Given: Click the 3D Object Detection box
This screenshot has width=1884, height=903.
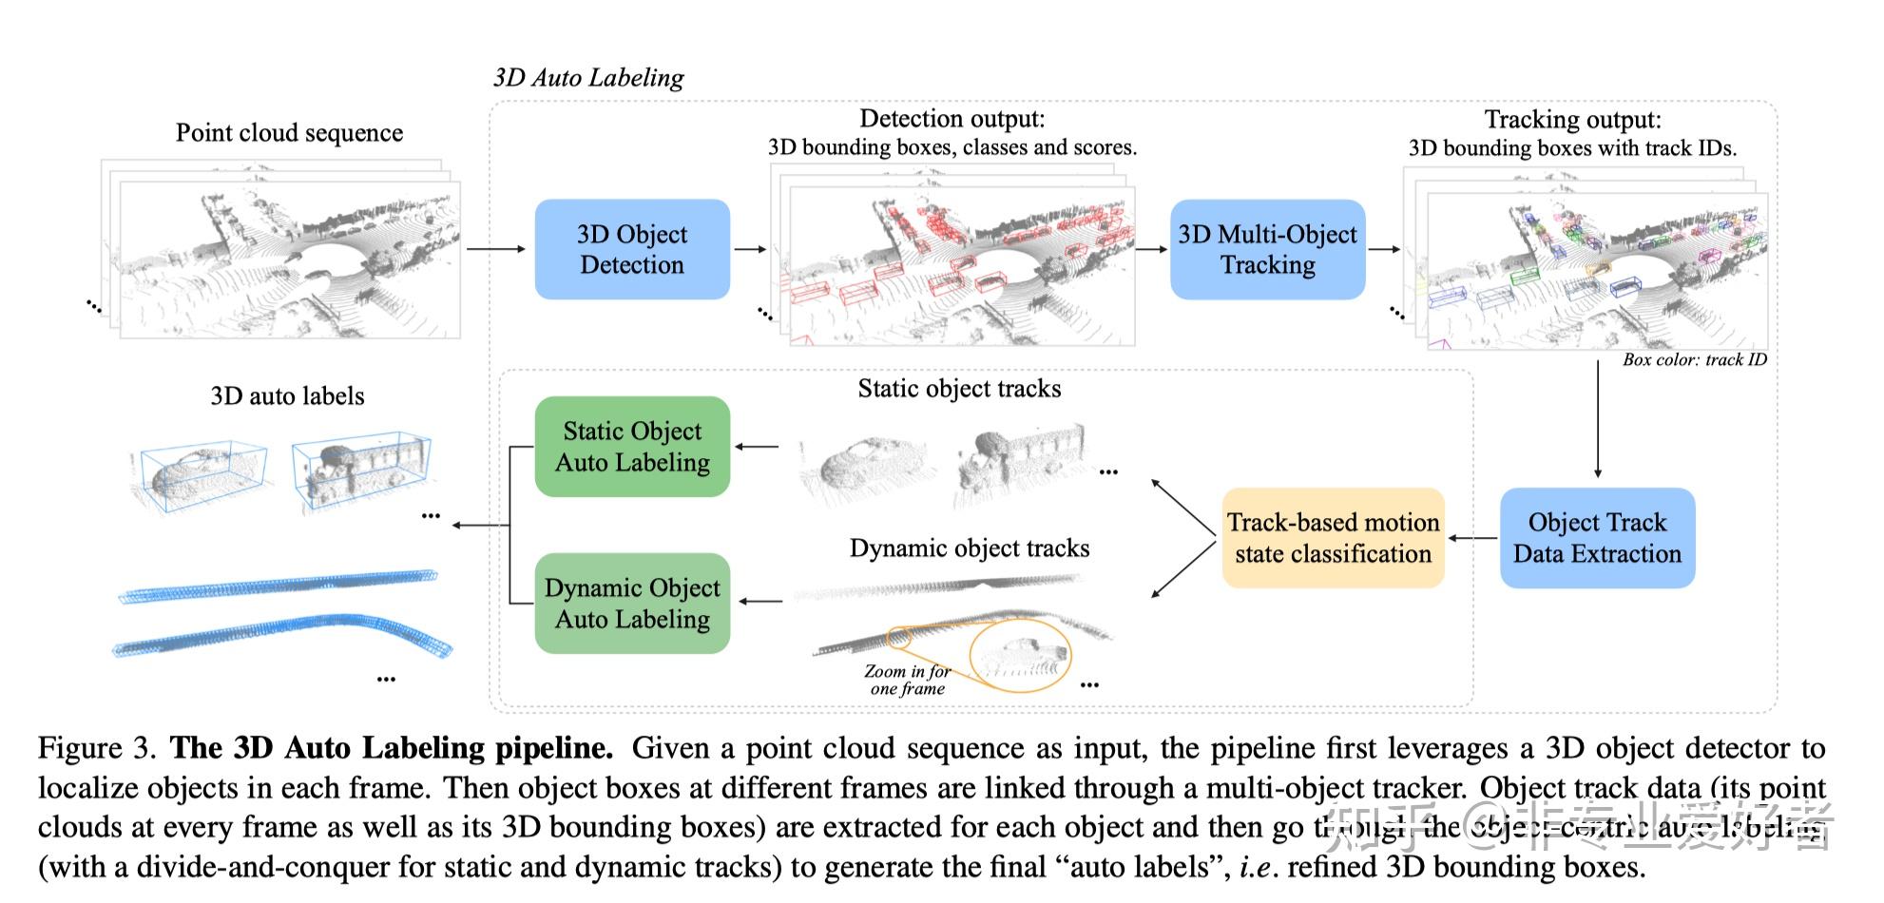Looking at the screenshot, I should pos(632,249).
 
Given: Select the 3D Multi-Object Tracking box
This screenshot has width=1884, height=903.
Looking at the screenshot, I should pos(1267,249).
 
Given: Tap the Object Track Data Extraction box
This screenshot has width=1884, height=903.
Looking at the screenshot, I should pos(1597,538).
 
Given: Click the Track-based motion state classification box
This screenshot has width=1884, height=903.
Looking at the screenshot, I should pos(1333,538).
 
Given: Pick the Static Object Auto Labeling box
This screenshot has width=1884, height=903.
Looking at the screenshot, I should pos(632,447).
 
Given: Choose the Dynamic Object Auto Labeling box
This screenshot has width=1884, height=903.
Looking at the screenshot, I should pos(632,604).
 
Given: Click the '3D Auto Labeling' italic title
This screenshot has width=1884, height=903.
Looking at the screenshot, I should pos(588,78).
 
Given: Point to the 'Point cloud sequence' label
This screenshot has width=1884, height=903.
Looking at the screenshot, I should pos(289,133).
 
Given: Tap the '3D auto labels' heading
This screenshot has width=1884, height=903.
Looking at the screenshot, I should pos(287,396).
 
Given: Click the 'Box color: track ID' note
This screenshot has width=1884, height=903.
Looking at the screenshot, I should pos(1694,360).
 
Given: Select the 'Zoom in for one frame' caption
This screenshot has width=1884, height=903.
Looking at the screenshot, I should pos(907,680).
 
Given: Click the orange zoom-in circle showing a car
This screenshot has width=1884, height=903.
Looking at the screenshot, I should pos(1020,655).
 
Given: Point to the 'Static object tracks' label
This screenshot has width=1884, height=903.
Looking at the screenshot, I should pos(959,389).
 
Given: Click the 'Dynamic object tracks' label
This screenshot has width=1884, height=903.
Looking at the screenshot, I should pos(970,548).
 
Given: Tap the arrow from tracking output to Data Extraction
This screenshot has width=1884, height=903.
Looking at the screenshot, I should pos(1597,418).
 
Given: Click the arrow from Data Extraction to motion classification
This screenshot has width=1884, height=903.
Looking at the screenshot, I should pos(1472,539).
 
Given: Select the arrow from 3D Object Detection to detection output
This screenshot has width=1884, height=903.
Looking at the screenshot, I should pos(750,249).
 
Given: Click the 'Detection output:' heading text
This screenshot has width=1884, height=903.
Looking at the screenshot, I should pos(952,119).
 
